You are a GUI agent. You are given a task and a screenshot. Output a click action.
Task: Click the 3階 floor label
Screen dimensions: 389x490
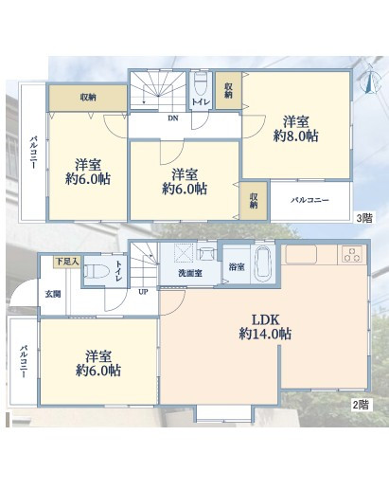364,218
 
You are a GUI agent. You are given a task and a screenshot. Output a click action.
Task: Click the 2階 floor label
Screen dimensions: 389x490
360,405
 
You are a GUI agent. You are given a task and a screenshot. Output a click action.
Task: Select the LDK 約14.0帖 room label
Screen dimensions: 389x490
265,327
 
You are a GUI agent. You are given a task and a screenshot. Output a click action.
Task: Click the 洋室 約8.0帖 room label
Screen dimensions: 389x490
295,129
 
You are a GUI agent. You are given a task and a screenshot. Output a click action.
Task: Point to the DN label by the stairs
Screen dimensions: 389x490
172,118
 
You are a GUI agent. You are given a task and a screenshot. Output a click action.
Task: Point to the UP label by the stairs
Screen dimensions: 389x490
143,292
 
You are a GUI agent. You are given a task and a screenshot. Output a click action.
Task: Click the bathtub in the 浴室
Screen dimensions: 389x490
262,263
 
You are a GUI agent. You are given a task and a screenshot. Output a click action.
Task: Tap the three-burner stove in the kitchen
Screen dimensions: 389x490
352,255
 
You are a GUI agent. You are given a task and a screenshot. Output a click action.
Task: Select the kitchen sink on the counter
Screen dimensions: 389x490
301,254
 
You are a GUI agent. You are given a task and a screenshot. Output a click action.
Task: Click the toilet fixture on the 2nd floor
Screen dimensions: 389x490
96,271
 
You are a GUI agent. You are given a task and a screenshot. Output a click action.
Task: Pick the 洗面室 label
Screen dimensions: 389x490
190,273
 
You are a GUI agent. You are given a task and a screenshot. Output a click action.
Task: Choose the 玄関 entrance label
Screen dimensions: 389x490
53,294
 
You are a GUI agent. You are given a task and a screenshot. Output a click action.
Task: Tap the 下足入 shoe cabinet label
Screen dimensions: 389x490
67,262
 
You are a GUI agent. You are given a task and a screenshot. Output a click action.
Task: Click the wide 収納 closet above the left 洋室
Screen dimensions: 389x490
87,98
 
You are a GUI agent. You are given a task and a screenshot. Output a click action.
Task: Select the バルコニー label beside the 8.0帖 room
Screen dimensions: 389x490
309,200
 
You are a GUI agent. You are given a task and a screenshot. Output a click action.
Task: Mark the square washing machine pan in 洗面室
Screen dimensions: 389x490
184,253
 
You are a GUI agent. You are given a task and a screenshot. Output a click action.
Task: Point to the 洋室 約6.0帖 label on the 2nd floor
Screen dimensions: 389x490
98,363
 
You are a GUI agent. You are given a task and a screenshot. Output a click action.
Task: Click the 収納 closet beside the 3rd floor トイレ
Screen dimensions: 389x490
228,90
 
